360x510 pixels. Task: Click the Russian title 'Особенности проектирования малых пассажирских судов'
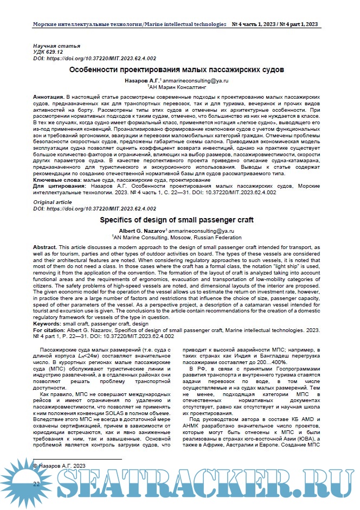click(x=177, y=70)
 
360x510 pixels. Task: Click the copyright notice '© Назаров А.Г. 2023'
click(x=60, y=466)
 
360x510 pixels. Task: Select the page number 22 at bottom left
click(x=37, y=482)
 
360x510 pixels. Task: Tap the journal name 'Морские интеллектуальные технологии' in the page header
click(x=87, y=25)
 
